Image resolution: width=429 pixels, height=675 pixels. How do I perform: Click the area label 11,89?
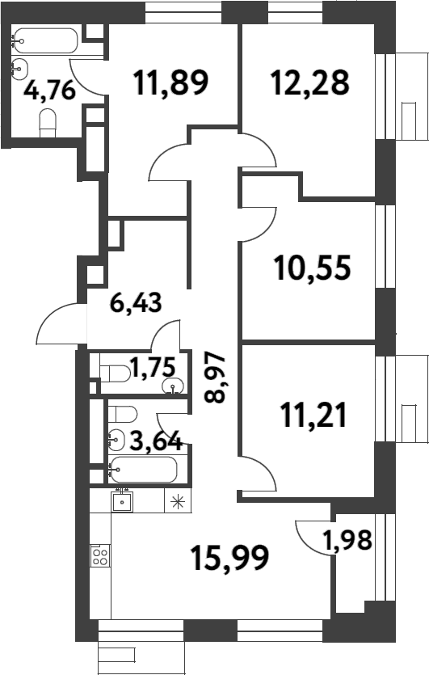tap(172, 81)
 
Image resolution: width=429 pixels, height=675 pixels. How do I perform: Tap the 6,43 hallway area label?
tap(136, 303)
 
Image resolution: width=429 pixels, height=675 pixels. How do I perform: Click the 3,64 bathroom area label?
tap(157, 441)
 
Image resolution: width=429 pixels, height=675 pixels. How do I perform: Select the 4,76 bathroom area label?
tap(49, 88)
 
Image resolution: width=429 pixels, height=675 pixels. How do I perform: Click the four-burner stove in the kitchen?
tap(101, 555)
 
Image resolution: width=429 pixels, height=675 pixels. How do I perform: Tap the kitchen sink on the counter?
tap(123, 501)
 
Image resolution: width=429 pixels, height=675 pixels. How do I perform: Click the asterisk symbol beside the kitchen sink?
tap(175, 501)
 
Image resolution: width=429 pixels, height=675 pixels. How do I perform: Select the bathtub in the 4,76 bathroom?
tap(45, 40)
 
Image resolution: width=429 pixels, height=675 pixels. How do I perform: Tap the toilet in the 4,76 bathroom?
tap(48, 124)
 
